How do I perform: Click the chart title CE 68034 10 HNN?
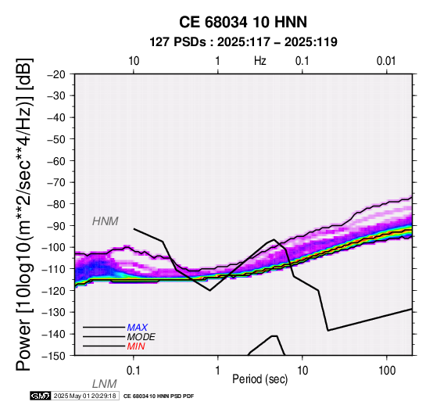[x=243, y=22]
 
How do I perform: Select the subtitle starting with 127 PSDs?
[x=243, y=42]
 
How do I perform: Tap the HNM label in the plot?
[x=106, y=221]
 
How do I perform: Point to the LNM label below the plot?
[x=105, y=384]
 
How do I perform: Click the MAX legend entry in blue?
[x=138, y=328]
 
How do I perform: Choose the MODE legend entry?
[x=141, y=337]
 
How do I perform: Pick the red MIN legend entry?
[x=136, y=346]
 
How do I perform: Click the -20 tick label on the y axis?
[x=55, y=74]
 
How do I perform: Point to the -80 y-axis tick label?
[x=55, y=204]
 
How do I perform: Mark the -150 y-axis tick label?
[x=53, y=355]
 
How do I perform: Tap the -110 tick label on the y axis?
[x=53, y=269]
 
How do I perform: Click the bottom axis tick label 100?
[x=387, y=371]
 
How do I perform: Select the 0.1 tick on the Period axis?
[x=134, y=371]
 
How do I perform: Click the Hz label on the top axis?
[x=260, y=61]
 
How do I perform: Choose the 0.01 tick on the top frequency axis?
[x=386, y=61]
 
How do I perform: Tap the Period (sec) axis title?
[x=259, y=379]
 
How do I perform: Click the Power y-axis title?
[x=24, y=214]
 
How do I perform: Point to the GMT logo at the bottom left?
[x=41, y=396]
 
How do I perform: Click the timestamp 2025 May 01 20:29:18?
[x=84, y=396]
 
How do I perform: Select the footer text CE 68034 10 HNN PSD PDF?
[x=159, y=396]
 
